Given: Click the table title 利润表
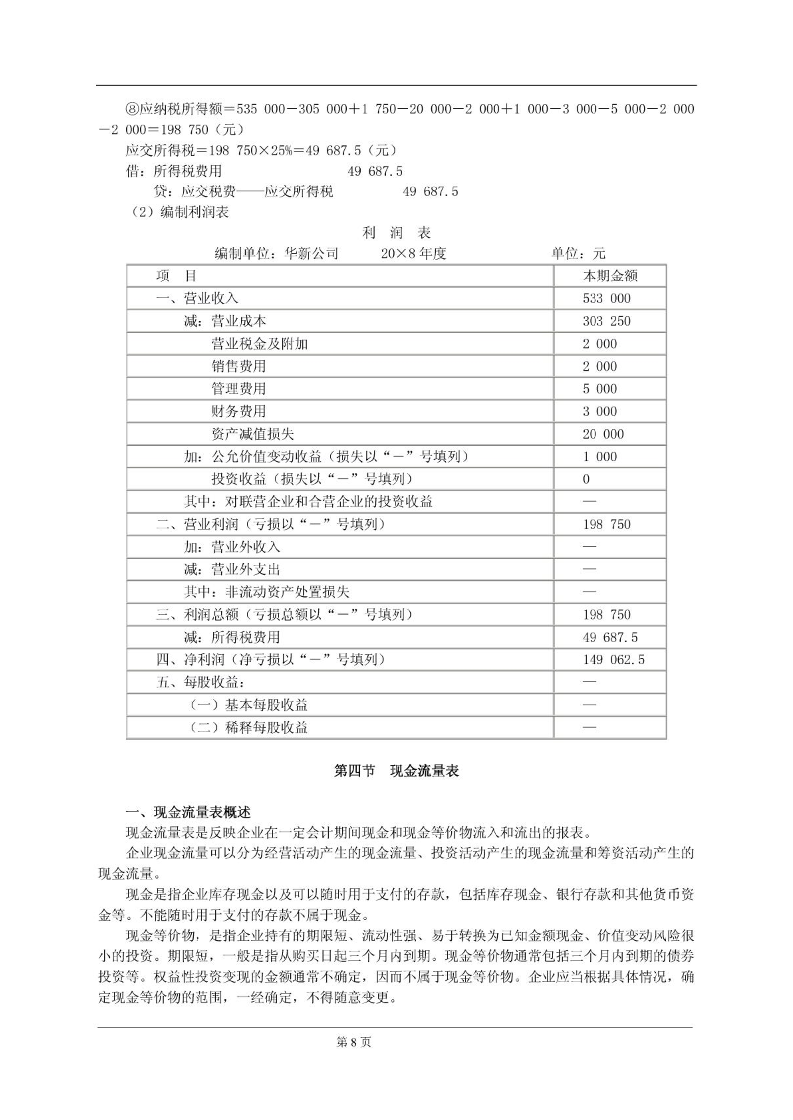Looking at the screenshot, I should (396, 233).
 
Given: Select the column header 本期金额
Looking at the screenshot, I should (609, 276).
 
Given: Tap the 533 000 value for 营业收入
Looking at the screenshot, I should (606, 298).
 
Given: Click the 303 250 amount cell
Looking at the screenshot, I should (606, 321).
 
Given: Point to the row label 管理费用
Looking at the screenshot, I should (238, 389).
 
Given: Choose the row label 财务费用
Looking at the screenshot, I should (238, 411).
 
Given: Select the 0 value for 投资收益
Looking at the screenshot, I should (586, 479).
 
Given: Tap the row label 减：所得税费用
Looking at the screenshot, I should (231, 637).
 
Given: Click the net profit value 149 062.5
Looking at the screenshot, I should (613, 660).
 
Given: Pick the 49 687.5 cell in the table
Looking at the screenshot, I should (610, 637).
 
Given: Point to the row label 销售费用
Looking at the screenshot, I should (238, 367).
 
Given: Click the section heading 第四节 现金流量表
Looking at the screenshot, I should (396, 771).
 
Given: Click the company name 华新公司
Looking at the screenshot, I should (311, 254).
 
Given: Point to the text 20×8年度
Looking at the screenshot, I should (413, 254).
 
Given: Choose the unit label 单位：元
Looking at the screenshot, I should (578, 254).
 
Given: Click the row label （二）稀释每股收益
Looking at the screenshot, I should (248, 728).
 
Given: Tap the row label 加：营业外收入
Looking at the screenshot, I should (231, 547).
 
